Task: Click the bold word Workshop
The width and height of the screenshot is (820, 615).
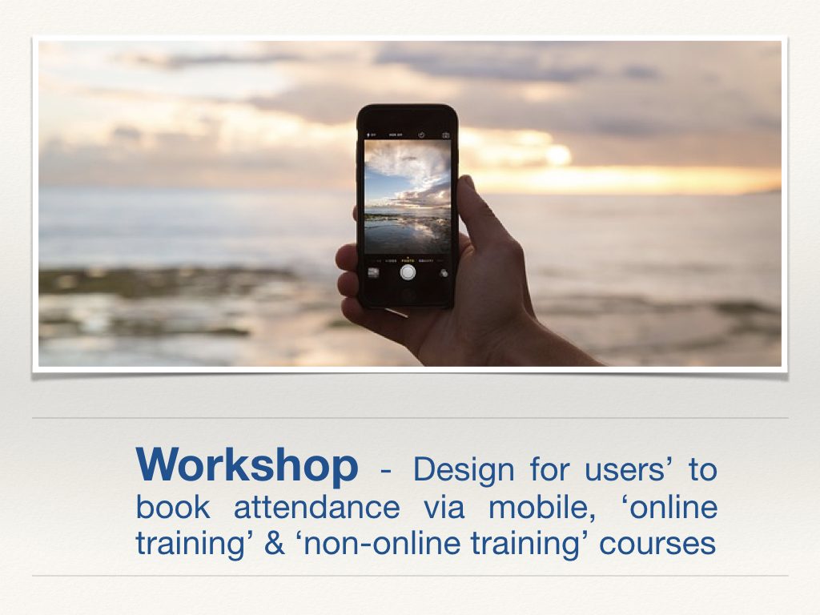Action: point(247,465)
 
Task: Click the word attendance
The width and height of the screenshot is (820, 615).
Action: point(316,507)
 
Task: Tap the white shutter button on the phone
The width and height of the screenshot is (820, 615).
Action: point(408,272)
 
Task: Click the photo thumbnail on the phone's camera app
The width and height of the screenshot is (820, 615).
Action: point(373,272)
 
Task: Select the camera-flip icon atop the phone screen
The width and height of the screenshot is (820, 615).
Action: point(445,135)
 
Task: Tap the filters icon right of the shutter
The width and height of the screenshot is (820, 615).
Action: point(443,273)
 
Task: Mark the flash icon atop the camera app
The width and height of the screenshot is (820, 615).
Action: point(371,135)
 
